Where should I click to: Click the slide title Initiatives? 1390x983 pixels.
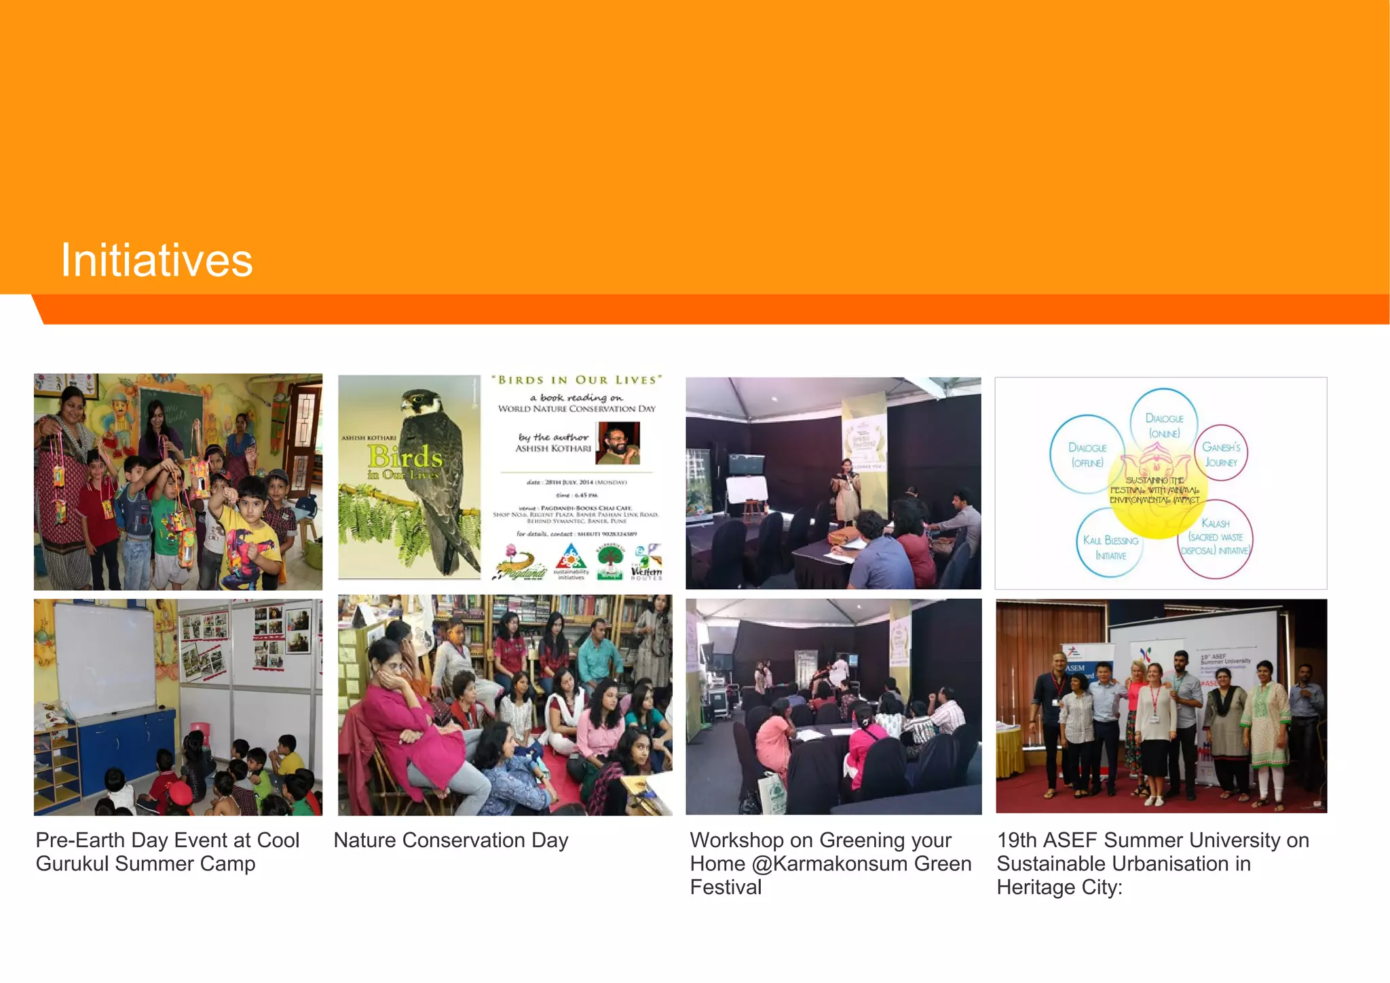157,260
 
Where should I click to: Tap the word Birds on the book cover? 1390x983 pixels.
405,457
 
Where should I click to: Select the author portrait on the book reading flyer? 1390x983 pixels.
618,443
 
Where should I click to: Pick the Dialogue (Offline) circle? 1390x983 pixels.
1087,454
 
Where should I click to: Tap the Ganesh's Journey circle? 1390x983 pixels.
1220,454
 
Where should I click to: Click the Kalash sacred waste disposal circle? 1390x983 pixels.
1215,537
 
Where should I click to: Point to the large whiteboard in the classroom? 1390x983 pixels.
105,659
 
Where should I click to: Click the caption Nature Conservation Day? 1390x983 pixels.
451,840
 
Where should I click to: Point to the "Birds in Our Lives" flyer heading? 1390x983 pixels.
576,380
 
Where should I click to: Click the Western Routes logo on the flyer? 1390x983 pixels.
646,563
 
